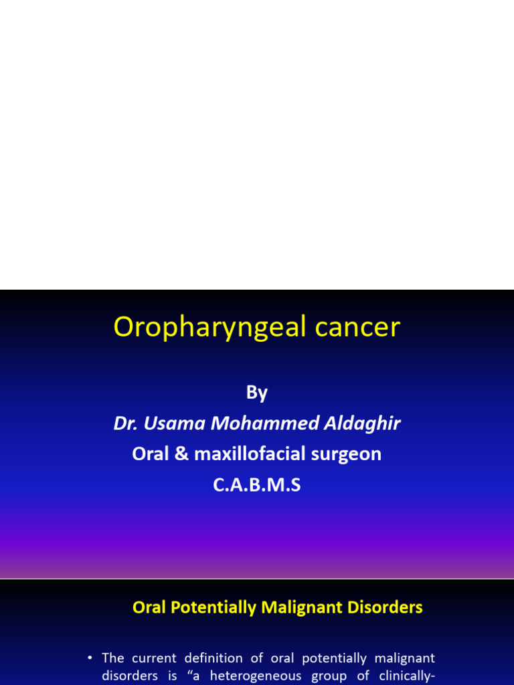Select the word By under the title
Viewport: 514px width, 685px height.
tap(257, 393)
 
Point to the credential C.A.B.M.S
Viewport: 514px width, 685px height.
tap(257, 485)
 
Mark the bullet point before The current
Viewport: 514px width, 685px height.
tap(90, 659)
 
